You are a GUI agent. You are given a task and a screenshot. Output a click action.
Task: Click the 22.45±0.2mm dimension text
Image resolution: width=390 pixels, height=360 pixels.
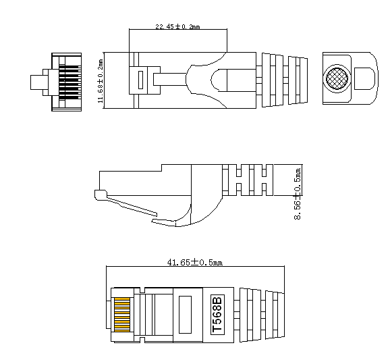pos(177,26)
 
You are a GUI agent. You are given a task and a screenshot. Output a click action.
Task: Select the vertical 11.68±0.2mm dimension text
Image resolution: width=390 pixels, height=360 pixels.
pos(101,80)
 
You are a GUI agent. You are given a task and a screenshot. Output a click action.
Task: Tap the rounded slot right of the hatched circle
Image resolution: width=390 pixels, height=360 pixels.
pos(364,78)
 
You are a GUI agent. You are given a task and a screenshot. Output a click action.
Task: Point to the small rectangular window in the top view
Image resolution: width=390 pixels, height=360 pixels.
pos(141,79)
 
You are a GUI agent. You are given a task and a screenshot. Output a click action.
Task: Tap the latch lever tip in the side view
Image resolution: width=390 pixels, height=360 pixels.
pos(101,196)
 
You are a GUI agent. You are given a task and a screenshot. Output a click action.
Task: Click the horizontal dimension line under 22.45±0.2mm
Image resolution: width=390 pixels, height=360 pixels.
pos(178,31)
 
